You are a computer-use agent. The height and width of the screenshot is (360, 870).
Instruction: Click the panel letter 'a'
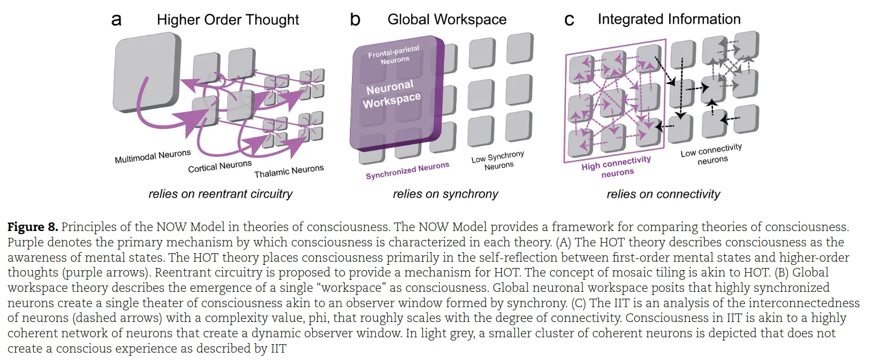tap(116, 20)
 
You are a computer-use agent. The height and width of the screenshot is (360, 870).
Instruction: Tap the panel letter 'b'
tap(355, 20)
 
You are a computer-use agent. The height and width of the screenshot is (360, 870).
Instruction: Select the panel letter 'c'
tap(569, 20)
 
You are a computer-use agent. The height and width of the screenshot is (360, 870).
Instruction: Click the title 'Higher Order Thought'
tap(228, 20)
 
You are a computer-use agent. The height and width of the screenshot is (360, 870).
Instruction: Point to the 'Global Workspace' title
tap(447, 20)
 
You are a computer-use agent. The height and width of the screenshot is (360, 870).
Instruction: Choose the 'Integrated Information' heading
tap(669, 19)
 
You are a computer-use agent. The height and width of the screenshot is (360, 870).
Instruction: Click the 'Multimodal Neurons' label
tap(153, 156)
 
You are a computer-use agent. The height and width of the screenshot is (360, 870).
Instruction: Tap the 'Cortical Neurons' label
tap(220, 166)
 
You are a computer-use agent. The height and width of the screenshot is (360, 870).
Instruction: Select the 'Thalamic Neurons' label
tap(289, 171)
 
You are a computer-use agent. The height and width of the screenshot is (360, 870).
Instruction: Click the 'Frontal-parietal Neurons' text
tap(394, 55)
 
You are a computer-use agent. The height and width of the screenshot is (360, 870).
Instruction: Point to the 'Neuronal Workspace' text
tap(392, 94)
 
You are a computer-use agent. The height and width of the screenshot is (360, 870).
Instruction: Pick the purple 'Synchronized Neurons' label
tap(407, 170)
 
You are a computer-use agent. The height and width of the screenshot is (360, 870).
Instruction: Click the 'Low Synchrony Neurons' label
tap(498, 161)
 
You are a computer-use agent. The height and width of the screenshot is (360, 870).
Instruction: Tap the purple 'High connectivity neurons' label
tap(616, 167)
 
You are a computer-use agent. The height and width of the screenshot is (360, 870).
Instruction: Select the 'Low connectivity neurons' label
tap(711, 154)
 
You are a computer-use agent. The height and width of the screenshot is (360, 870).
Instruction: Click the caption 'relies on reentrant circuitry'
tap(220, 194)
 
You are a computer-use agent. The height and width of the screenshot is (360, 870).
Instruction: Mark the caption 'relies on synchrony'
tap(445, 194)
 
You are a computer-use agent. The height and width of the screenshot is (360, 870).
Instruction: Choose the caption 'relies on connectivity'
tap(663, 194)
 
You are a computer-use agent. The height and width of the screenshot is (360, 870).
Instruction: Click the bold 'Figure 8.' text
tap(32, 227)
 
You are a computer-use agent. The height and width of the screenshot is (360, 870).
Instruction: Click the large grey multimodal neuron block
tap(145, 71)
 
